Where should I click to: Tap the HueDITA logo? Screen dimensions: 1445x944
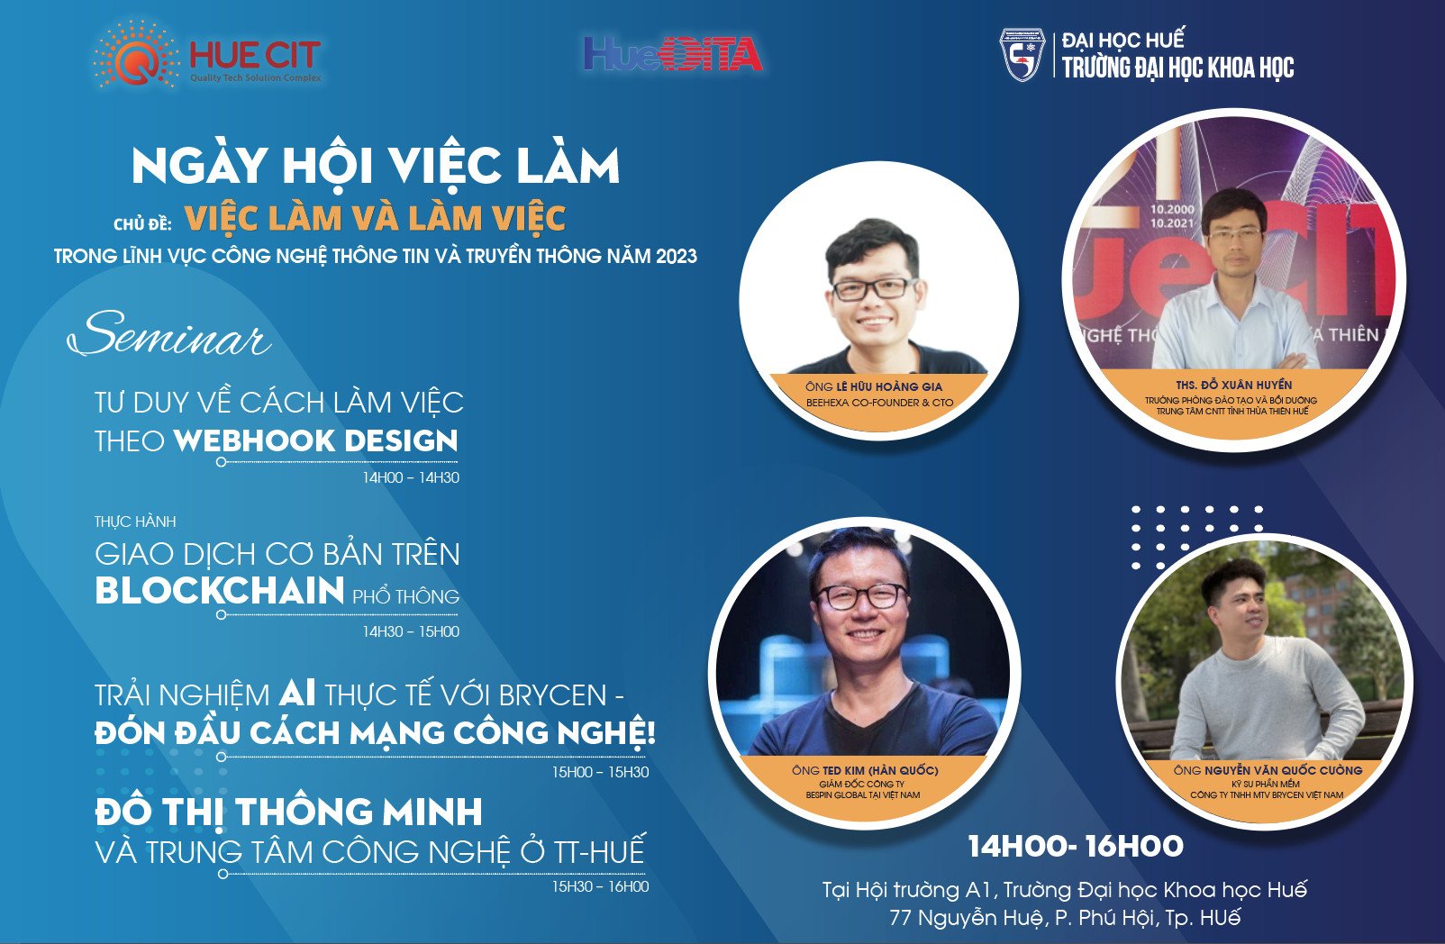(673, 53)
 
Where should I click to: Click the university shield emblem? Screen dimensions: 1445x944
(1022, 54)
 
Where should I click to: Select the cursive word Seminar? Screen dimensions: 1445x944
(168, 335)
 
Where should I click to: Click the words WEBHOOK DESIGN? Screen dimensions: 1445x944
(315, 441)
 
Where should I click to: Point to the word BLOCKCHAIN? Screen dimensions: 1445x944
(219, 591)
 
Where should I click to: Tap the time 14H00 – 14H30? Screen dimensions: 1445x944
(411, 477)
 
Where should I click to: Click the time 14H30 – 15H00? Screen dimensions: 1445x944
(411, 631)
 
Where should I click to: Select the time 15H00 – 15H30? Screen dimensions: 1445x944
(601, 772)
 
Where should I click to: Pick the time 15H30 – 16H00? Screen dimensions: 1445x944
(601, 886)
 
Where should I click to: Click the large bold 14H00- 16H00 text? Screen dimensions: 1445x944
(1076, 846)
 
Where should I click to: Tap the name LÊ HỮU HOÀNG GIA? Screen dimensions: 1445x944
(889, 387)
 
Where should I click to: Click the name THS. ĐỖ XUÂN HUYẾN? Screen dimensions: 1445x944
(1234, 385)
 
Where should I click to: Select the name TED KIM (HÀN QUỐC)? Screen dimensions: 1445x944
(880, 770)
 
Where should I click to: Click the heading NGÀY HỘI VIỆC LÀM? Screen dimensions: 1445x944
(376, 167)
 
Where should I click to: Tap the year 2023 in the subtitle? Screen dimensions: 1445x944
(677, 257)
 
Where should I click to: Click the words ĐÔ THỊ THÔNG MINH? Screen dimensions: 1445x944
(289, 812)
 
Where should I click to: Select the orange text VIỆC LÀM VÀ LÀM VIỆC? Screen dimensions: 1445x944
(375, 218)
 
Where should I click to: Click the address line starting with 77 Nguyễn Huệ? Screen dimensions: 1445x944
(1065, 917)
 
